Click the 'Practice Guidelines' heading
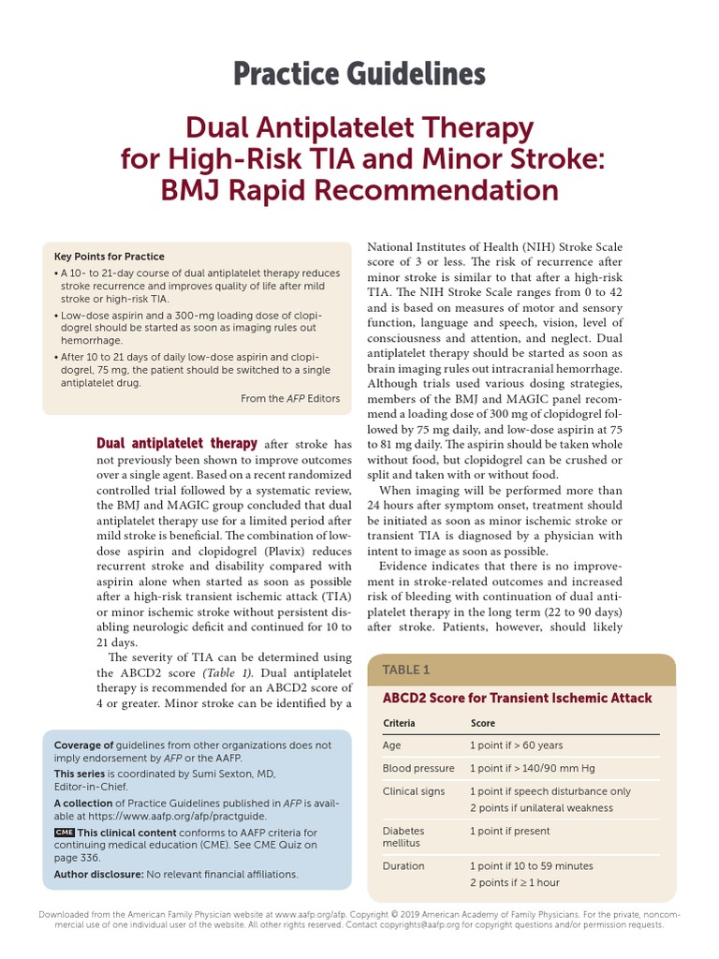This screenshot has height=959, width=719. point(359,74)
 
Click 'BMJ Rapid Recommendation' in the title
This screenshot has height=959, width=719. point(359,190)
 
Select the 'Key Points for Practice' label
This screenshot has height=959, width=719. point(110,257)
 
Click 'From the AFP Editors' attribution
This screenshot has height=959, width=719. point(290,399)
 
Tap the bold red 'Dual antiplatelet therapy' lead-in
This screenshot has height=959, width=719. point(177,444)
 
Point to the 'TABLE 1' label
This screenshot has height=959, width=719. point(406,670)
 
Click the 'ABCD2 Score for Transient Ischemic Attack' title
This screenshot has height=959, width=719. point(517,699)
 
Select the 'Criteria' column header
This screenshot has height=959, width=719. point(399,724)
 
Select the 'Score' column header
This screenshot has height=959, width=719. point(482,724)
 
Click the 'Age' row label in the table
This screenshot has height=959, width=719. point(391,745)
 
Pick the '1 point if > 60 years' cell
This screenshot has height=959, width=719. point(516,745)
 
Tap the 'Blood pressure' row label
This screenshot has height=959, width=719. point(418,769)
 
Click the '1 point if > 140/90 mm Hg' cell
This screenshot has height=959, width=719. point(534,769)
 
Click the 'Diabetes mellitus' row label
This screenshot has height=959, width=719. point(404,837)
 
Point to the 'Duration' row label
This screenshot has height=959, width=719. point(404,866)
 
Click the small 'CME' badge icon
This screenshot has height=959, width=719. point(64,832)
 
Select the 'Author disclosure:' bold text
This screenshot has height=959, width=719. point(98,874)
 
